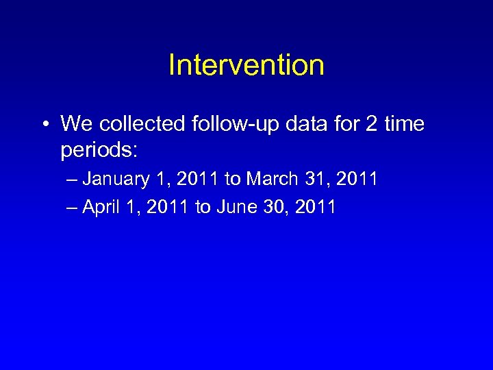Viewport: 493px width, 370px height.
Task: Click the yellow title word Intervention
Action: pyautogui.click(x=246, y=66)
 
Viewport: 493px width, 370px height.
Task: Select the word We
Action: pyautogui.click(x=75, y=124)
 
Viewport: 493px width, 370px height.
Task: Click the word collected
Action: pyautogui.click(x=140, y=124)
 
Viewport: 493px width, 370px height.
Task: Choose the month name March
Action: pyautogui.click(x=273, y=180)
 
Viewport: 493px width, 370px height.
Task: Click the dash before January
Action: pyautogui.click(x=73, y=180)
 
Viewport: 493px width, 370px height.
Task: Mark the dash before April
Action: pyautogui.click(x=73, y=207)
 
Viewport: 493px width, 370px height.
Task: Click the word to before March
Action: pyautogui.click(x=232, y=180)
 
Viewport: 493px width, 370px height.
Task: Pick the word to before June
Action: pyautogui.click(x=202, y=207)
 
